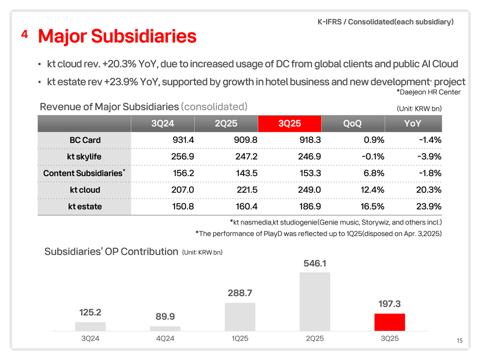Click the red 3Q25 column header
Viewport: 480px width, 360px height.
[289, 123]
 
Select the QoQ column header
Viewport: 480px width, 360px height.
[352, 123]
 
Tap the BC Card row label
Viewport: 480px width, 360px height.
[85, 140]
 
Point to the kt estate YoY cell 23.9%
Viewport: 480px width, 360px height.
[428, 206]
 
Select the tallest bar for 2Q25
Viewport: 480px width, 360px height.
[315, 301]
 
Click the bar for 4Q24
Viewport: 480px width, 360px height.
[165, 328]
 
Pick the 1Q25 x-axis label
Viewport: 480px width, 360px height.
[240, 338]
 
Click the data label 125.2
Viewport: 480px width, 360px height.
[90, 312]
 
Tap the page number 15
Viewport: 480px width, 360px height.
[459, 341]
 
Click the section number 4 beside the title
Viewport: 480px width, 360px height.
[24, 34]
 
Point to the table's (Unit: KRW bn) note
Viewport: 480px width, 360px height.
[419, 108]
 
